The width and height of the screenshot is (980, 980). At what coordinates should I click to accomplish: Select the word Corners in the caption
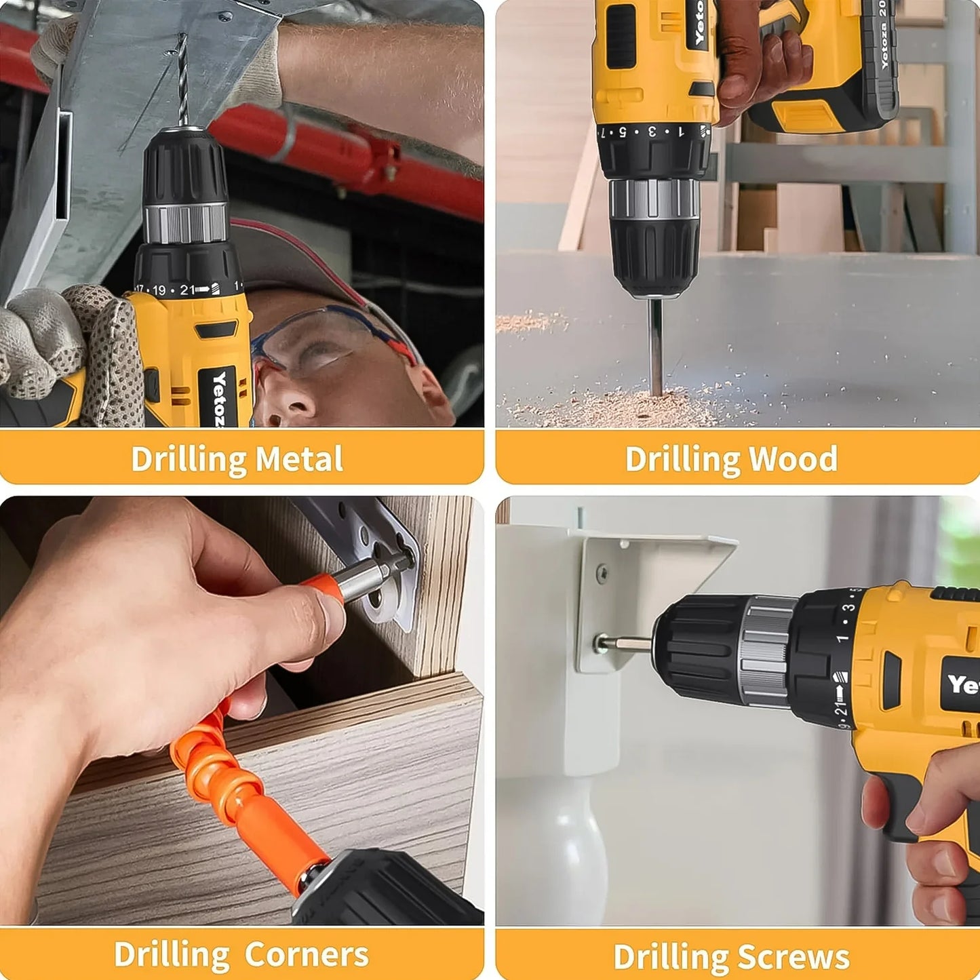click(x=306, y=954)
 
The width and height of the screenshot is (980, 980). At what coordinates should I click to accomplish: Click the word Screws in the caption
click(x=793, y=958)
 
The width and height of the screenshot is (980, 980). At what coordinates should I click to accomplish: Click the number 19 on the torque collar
click(x=159, y=290)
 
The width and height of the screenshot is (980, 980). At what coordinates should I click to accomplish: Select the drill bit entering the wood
click(x=655, y=346)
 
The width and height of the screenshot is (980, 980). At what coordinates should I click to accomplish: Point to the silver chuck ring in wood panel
click(x=654, y=198)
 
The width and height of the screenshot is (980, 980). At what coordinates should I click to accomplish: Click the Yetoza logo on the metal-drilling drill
click(x=219, y=400)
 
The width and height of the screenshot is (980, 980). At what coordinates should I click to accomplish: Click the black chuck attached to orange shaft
click(x=387, y=888)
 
